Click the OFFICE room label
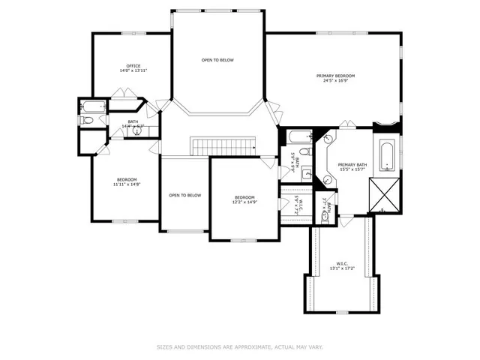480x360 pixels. (x=133, y=66)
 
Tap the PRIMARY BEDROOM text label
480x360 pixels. (x=335, y=76)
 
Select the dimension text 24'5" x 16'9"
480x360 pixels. (x=335, y=82)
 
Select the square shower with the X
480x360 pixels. (x=389, y=194)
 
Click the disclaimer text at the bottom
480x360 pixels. (x=239, y=346)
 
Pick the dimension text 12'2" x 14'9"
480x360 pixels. (x=245, y=202)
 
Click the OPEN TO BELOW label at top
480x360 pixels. (x=217, y=59)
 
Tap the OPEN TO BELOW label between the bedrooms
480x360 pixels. (x=184, y=195)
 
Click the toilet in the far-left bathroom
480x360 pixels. (x=87, y=121)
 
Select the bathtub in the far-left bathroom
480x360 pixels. (x=92, y=106)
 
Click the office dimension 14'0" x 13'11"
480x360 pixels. (x=133, y=71)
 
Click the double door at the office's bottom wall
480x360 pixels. (x=123, y=94)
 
